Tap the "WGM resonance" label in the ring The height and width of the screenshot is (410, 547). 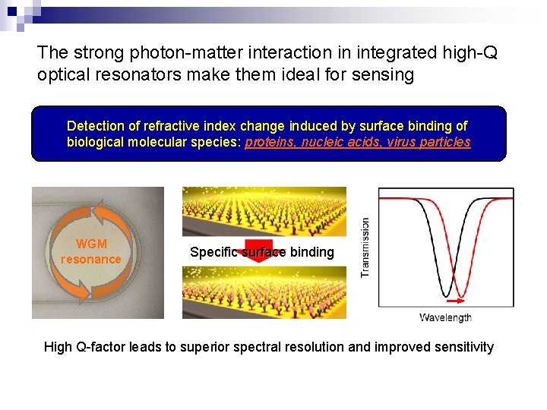pyautogui.click(x=91, y=251)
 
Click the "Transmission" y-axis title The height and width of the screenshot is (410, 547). pyautogui.click(x=365, y=248)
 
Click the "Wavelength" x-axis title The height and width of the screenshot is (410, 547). pyautogui.click(x=445, y=317)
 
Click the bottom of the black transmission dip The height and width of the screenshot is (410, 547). pyautogui.click(x=446, y=295)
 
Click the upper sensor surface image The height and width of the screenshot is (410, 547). pyautogui.click(x=264, y=213)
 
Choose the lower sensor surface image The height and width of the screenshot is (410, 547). pyautogui.click(x=264, y=293)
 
